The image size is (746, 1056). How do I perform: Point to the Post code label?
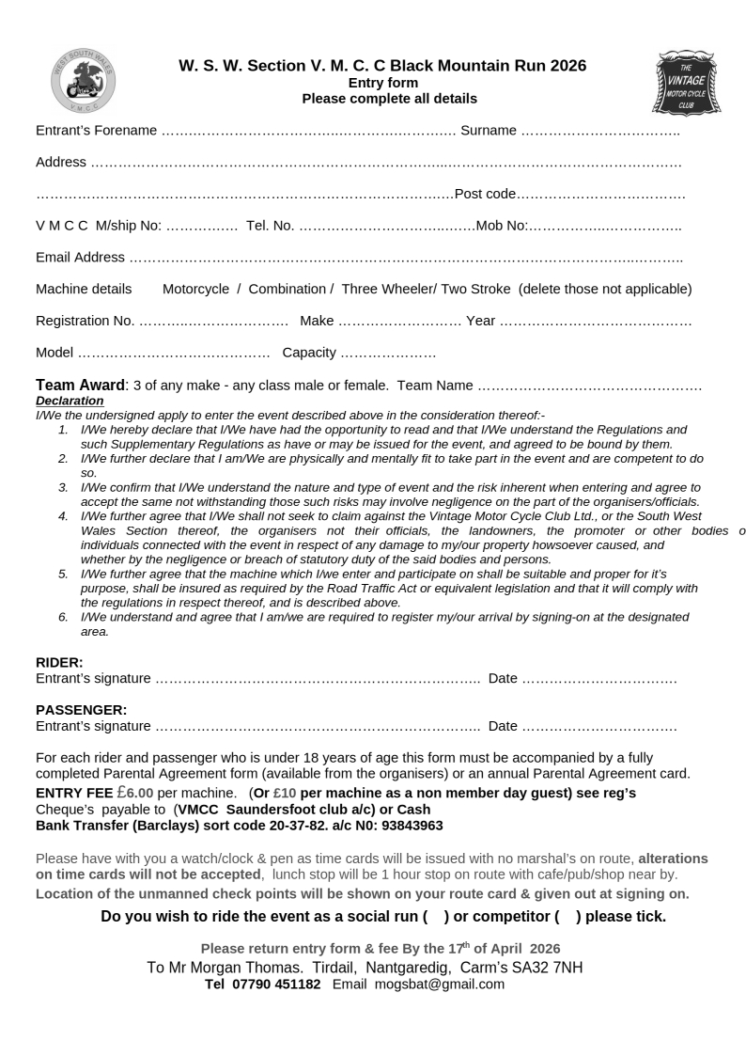click(x=485, y=195)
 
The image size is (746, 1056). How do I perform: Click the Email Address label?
click(x=80, y=257)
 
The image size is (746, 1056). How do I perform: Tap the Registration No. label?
click(x=85, y=321)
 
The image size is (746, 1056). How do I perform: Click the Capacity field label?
click(x=308, y=353)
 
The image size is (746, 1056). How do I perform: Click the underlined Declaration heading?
click(x=70, y=400)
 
